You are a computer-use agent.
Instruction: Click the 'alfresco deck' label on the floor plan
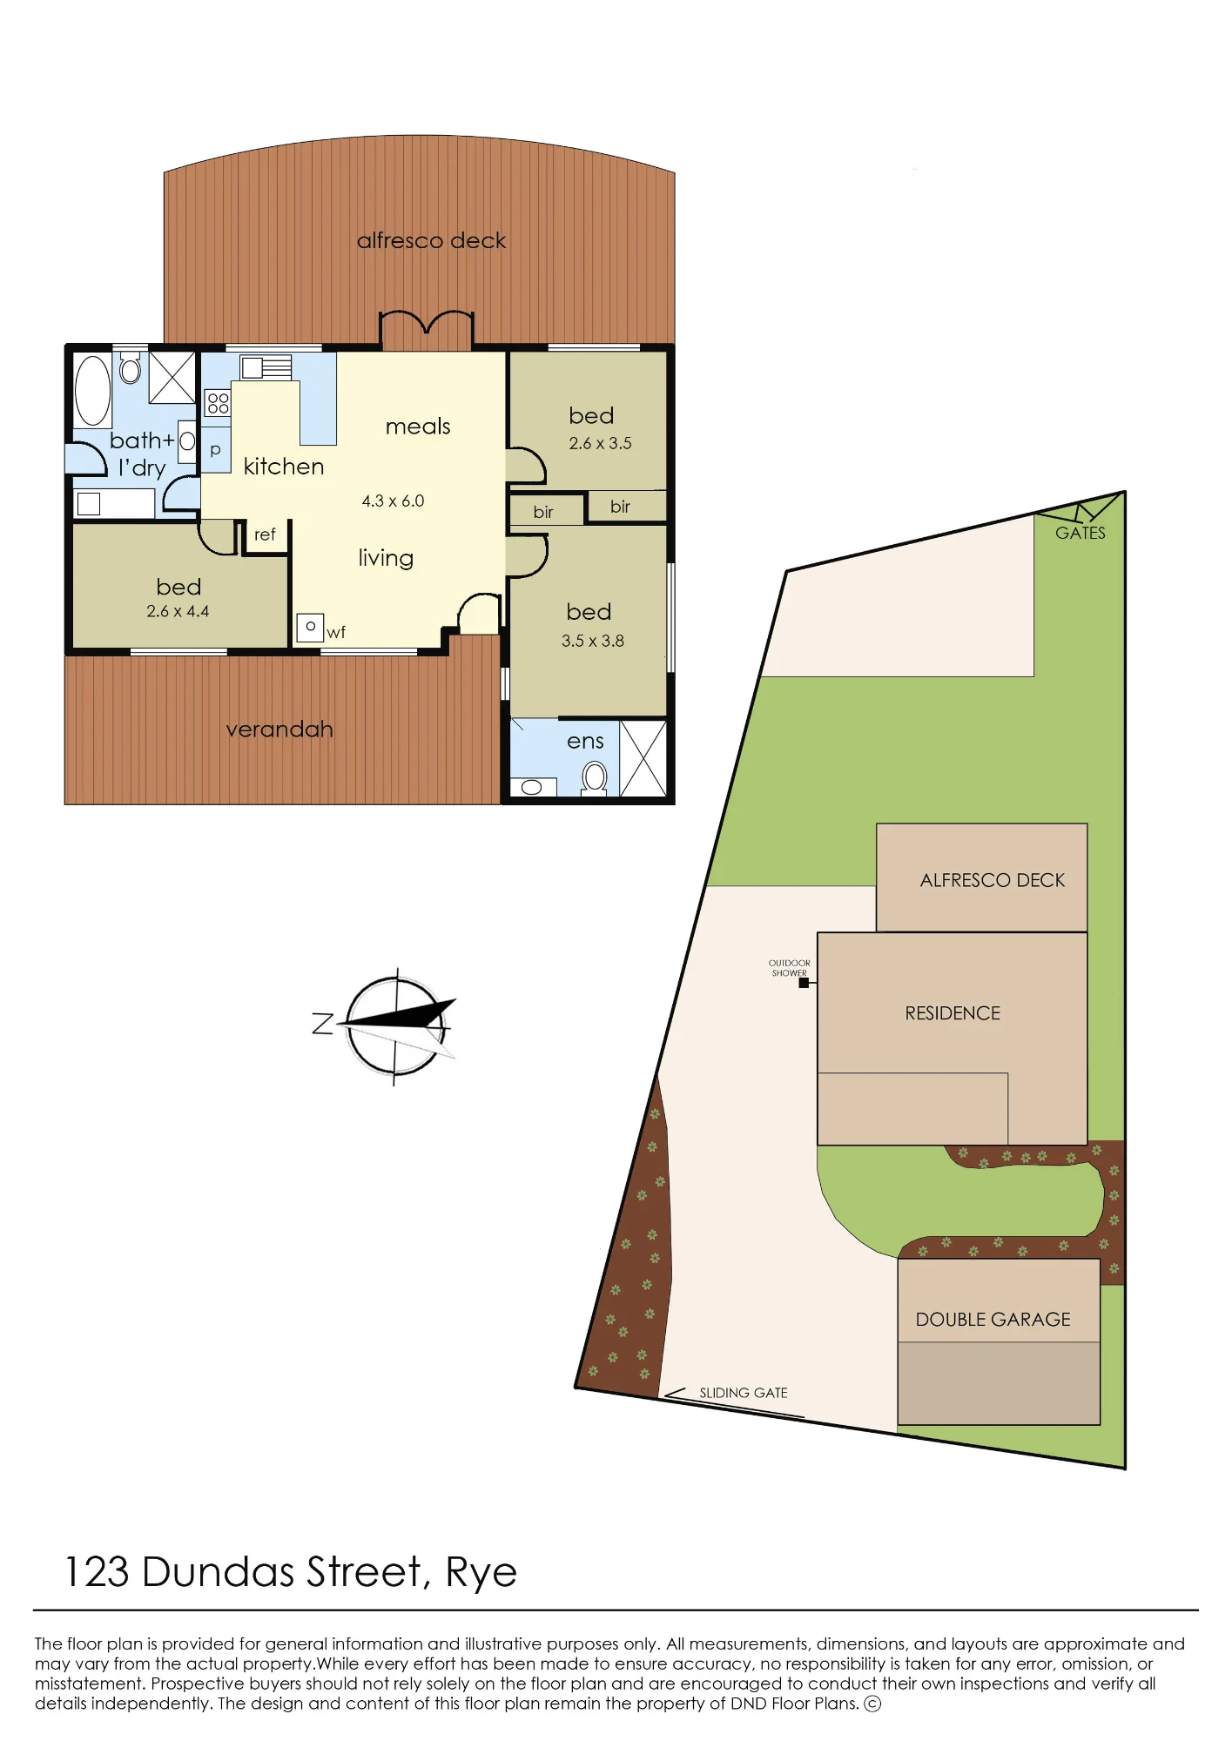click(431, 240)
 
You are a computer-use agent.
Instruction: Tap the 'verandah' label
click(279, 729)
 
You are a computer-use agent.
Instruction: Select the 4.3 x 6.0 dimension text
click(393, 501)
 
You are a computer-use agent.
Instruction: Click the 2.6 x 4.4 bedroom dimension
click(178, 611)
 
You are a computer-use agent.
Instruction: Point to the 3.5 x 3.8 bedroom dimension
click(592, 641)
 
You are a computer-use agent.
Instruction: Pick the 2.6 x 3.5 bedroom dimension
click(600, 443)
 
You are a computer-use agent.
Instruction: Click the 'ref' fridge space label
click(265, 534)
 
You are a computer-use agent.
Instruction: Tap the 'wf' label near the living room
click(336, 633)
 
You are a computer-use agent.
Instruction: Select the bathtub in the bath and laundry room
click(92, 390)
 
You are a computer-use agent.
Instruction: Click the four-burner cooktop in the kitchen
click(218, 402)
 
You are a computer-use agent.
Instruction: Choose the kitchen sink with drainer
click(266, 368)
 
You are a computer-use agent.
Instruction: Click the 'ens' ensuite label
click(585, 742)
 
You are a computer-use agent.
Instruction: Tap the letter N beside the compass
click(323, 1024)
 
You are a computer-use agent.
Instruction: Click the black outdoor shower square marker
click(804, 983)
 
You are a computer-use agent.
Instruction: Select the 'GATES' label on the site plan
click(1081, 534)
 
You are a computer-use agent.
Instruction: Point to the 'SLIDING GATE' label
click(744, 1393)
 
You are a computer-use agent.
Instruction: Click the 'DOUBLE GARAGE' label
click(993, 1320)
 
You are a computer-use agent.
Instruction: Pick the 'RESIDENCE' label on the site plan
click(953, 1013)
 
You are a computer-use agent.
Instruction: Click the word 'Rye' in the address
click(481, 1574)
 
